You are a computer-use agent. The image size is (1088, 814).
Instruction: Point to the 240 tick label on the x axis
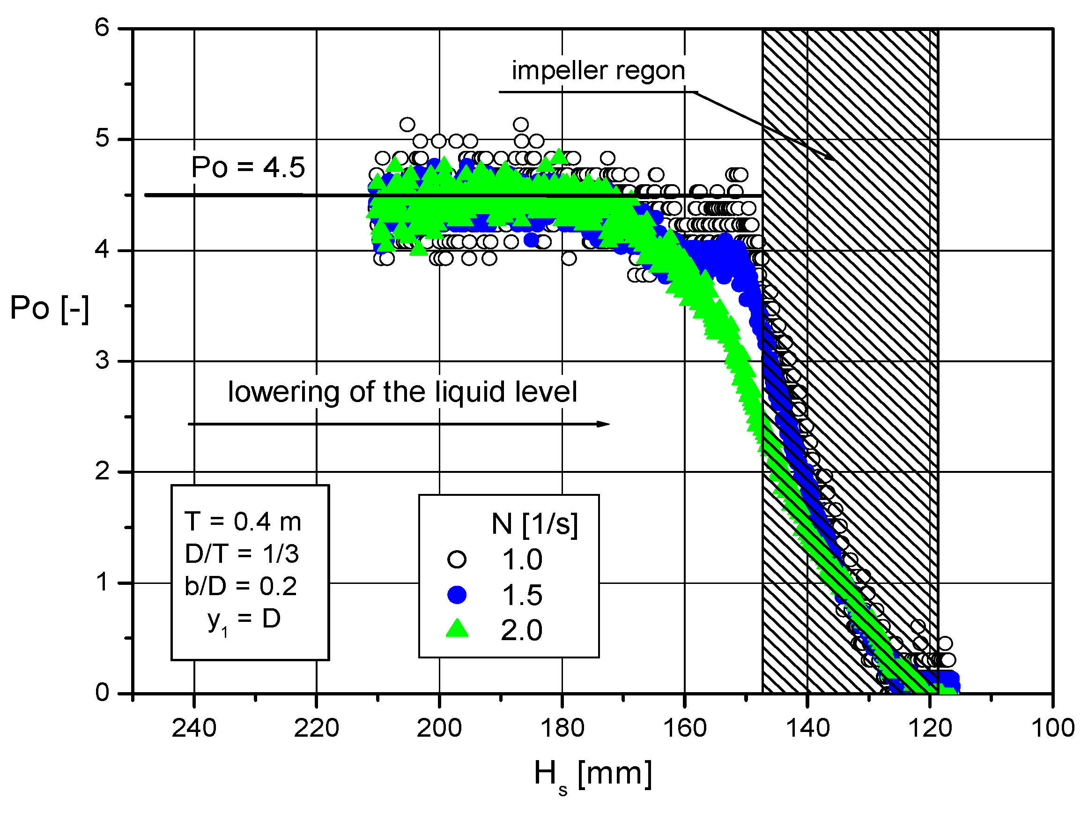pos(194,728)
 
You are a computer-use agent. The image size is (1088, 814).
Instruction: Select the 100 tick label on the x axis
pos(1052,728)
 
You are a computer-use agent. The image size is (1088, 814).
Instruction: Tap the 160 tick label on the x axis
pos(685,728)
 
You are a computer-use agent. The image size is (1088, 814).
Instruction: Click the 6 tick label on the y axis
pos(102,28)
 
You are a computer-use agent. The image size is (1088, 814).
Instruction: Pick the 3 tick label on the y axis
pos(102,361)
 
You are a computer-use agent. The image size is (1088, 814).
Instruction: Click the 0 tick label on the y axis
pos(102,693)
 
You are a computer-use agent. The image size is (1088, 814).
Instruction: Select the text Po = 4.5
pos(248,167)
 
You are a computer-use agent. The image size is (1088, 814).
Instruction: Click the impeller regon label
pos(598,71)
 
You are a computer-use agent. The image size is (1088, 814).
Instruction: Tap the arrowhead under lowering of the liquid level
pos(604,424)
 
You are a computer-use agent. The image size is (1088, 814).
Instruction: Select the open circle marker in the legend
pos(457,560)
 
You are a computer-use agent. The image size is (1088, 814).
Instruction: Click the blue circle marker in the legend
pos(457,595)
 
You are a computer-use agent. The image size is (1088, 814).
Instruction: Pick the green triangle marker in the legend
pos(457,629)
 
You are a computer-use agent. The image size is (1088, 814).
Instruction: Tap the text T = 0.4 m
pos(243,522)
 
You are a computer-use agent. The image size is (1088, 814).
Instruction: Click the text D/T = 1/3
pos(242,554)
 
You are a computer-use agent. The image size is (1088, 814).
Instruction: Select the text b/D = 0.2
pos(241,587)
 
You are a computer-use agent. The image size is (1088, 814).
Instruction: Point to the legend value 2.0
pos(521,631)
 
